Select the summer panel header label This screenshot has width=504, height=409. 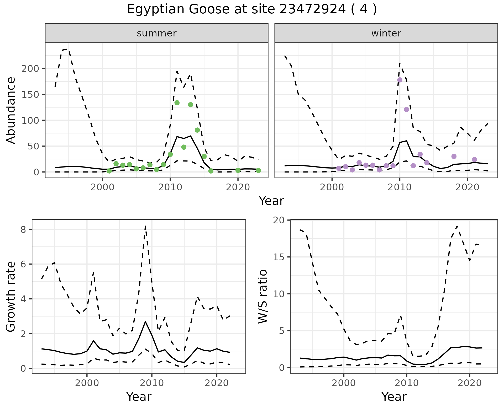coord(157,33)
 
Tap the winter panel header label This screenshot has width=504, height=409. coord(386,33)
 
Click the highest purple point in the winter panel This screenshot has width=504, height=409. coord(400,80)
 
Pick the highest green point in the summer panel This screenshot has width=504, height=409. coord(177,103)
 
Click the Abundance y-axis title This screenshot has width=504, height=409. coord(11,110)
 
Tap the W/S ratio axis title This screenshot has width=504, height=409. coord(263,297)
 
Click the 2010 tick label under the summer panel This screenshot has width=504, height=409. coord(170,187)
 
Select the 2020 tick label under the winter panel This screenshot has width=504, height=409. coord(467,187)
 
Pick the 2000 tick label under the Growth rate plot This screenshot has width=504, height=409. coord(87,383)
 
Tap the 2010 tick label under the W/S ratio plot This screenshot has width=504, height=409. coord(407,383)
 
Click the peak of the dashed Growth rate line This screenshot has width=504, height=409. coord(145,226)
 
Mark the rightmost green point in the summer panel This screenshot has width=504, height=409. coord(258,170)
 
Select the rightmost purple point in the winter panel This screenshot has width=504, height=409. coord(474,160)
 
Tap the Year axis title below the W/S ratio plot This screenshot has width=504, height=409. coord(394,397)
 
